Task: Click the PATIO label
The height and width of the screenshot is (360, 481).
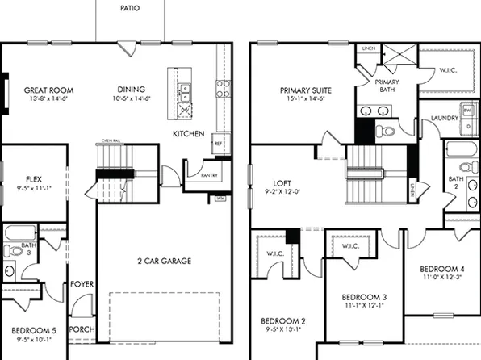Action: click(129, 8)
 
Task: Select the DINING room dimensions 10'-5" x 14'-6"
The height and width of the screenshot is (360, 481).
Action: click(135, 98)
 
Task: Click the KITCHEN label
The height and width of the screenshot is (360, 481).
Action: click(188, 133)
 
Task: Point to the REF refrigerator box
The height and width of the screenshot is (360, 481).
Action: click(218, 144)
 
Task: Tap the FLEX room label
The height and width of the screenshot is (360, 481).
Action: click(34, 180)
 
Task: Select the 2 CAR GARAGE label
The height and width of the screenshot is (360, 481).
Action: click(158, 261)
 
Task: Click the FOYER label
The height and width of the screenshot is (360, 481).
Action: click(81, 284)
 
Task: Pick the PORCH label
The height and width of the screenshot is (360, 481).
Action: click(81, 329)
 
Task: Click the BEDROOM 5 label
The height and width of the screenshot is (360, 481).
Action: click(33, 330)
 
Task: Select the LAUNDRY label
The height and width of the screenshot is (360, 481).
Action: click(445, 118)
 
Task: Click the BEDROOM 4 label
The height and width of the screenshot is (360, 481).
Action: click(442, 268)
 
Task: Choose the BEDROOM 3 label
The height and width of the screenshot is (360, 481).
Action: click(363, 296)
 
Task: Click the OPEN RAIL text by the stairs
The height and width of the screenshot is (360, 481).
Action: click(111, 140)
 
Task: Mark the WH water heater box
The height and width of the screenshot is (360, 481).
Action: click(220, 196)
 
